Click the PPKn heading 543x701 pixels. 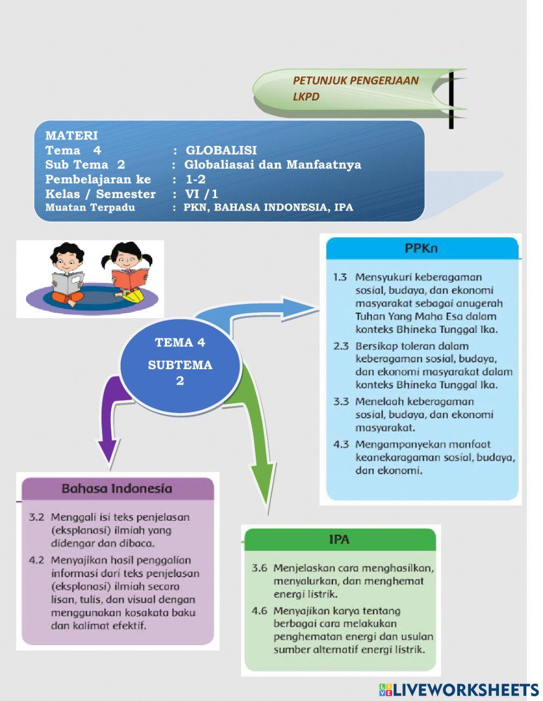[x=421, y=248]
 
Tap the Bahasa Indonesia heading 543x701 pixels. [x=117, y=488]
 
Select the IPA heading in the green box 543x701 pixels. [x=339, y=540]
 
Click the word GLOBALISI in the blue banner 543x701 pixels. [x=221, y=150]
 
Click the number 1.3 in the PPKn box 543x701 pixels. [x=340, y=277]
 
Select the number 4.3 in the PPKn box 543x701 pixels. [x=340, y=445]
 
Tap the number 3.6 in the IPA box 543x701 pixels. [x=260, y=569]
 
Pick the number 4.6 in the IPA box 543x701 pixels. [x=260, y=611]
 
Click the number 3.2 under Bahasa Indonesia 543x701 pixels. [x=36, y=517]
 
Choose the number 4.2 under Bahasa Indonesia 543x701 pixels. [x=36, y=560]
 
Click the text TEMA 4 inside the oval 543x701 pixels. [x=180, y=343]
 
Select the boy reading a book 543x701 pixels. [x=67, y=274]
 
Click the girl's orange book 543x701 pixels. [x=130, y=278]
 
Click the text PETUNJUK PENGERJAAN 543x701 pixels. [x=356, y=81]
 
